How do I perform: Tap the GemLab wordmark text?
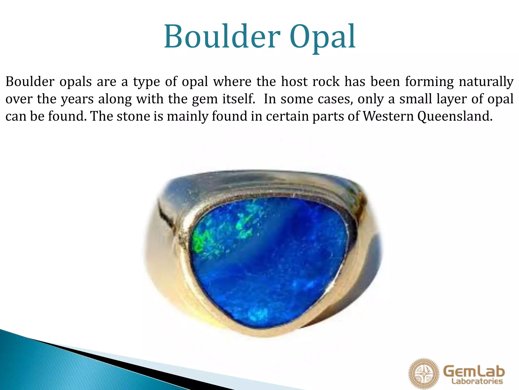[x=474, y=371]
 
